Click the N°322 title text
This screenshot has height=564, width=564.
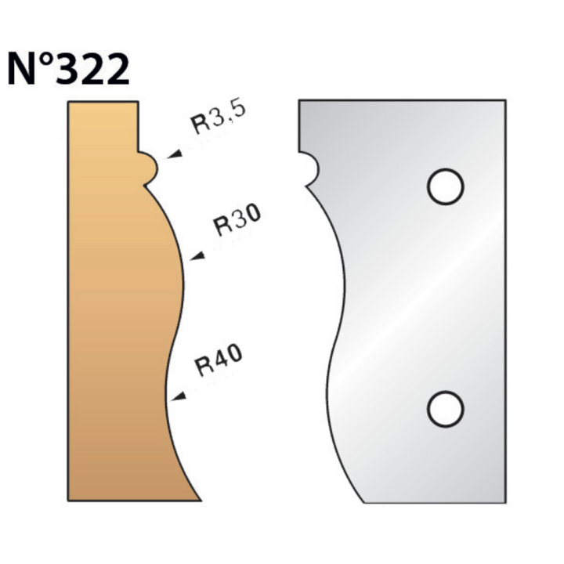click(x=68, y=70)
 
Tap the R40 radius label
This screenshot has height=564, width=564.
click(x=219, y=360)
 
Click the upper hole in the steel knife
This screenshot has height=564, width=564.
click(x=445, y=185)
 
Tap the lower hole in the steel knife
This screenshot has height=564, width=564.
click(x=445, y=407)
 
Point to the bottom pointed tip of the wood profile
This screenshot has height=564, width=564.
click(x=199, y=501)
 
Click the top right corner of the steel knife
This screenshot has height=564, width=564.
click(x=505, y=100)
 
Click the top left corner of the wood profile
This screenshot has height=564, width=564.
click(x=69, y=102)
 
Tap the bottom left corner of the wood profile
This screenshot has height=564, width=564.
click(x=69, y=501)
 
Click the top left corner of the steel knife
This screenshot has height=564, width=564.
click(x=299, y=100)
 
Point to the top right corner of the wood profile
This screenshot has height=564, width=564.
click(x=139, y=102)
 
